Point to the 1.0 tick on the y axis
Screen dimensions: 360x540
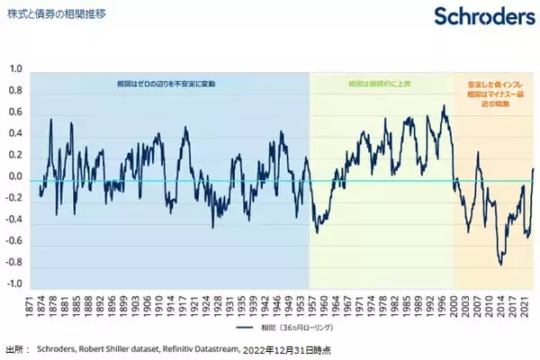coord(15,69)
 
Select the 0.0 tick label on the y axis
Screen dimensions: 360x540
coord(15,176)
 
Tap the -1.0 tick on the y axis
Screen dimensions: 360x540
coord(13,283)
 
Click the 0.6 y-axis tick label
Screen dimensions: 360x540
coord(15,112)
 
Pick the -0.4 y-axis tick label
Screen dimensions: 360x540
coord(13,220)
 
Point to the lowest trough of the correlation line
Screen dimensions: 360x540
coord(499,265)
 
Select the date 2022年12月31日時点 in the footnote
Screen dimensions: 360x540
coord(291,347)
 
